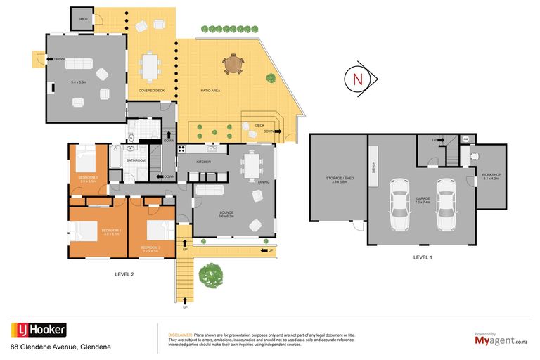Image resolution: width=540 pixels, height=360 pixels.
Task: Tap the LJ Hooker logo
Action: point(39,330)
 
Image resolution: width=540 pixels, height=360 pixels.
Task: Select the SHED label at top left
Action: point(83,19)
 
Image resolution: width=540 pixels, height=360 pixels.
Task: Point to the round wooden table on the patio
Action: point(233,65)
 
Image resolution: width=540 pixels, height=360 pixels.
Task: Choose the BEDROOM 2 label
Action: point(150,247)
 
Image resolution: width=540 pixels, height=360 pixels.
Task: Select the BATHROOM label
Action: point(136,160)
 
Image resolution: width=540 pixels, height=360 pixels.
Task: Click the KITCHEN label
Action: point(203,162)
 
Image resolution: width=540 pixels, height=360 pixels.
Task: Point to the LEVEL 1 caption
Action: point(423,257)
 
